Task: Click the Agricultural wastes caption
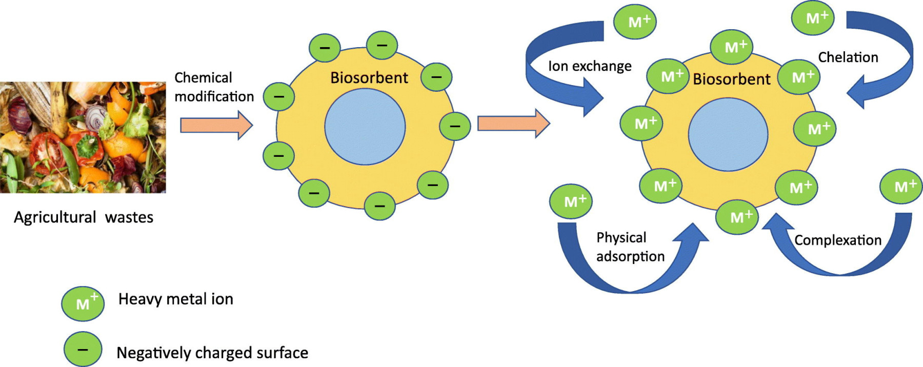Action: (x=84, y=217)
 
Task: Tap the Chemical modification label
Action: (x=214, y=87)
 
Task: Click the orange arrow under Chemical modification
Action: (x=216, y=125)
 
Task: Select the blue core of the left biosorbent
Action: (x=365, y=126)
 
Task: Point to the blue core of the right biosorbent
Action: (x=728, y=134)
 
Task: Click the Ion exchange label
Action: (x=590, y=66)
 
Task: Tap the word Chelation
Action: (x=848, y=57)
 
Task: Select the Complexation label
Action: (x=837, y=240)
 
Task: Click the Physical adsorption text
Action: (x=630, y=247)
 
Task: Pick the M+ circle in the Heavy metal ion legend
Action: (x=83, y=303)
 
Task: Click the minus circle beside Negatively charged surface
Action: (x=83, y=350)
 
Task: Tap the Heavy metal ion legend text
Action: (x=175, y=299)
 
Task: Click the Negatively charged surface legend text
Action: (x=212, y=353)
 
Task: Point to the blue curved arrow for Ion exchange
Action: (x=544, y=77)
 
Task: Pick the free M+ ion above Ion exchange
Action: (x=635, y=22)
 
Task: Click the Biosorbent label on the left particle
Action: (x=369, y=78)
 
